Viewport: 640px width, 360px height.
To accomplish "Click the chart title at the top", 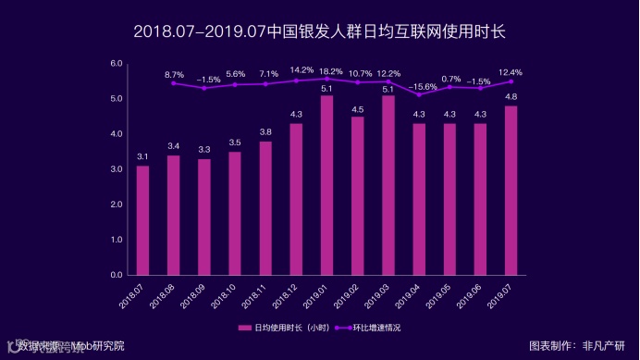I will pyautogui.click(x=319, y=31).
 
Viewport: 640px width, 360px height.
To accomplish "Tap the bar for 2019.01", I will pyautogui.click(x=326, y=185).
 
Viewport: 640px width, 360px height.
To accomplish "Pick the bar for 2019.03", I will pyautogui.click(x=388, y=185).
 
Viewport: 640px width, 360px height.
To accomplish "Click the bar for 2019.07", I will pyautogui.click(x=511, y=191).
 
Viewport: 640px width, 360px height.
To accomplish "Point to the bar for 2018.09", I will pyautogui.click(x=203, y=217).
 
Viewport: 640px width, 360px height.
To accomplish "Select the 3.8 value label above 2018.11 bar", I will pyautogui.click(x=265, y=132).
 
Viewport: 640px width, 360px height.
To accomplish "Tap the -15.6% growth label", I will pyautogui.click(x=419, y=86).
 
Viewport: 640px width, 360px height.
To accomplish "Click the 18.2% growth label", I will pyautogui.click(x=326, y=71).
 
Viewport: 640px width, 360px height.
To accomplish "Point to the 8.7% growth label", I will pyautogui.click(x=174, y=73).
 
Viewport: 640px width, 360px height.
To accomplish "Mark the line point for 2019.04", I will pyautogui.click(x=419, y=94).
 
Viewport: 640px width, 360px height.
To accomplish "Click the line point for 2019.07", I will pyautogui.click(x=511, y=81).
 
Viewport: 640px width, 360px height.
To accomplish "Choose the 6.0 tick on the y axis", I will pyautogui.click(x=117, y=63).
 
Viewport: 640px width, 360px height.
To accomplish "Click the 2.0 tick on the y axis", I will pyautogui.click(x=117, y=205).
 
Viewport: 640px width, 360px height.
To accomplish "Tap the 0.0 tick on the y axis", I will pyautogui.click(x=117, y=275).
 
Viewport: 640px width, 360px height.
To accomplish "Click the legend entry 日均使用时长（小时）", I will pyautogui.click(x=284, y=328).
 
